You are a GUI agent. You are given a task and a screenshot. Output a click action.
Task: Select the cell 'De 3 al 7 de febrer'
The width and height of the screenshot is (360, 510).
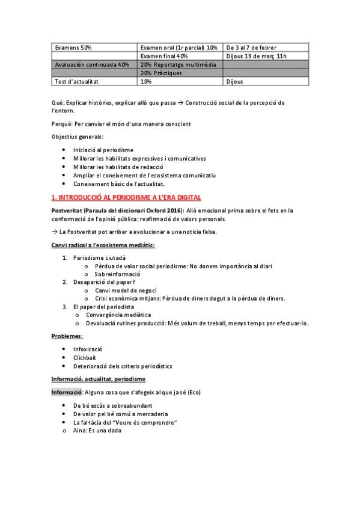tap(251, 48)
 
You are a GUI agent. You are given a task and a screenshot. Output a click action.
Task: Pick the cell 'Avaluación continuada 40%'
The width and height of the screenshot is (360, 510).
tap(91, 64)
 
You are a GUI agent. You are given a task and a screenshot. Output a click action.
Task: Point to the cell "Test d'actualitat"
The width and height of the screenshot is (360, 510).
tap(76, 81)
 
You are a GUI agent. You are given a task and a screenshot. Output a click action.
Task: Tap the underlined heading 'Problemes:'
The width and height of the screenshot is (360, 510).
tap(67, 336)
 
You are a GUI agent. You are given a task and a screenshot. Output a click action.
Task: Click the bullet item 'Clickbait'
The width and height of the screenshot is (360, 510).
tap(85, 357)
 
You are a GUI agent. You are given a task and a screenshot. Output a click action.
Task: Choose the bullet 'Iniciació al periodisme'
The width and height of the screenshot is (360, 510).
tap(103, 149)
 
